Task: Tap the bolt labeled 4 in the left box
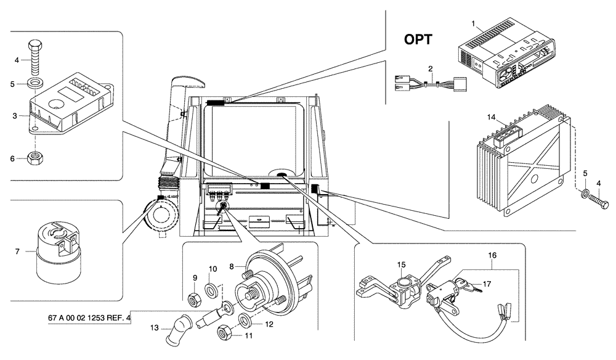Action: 36,59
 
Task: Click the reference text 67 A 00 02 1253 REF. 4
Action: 89,319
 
